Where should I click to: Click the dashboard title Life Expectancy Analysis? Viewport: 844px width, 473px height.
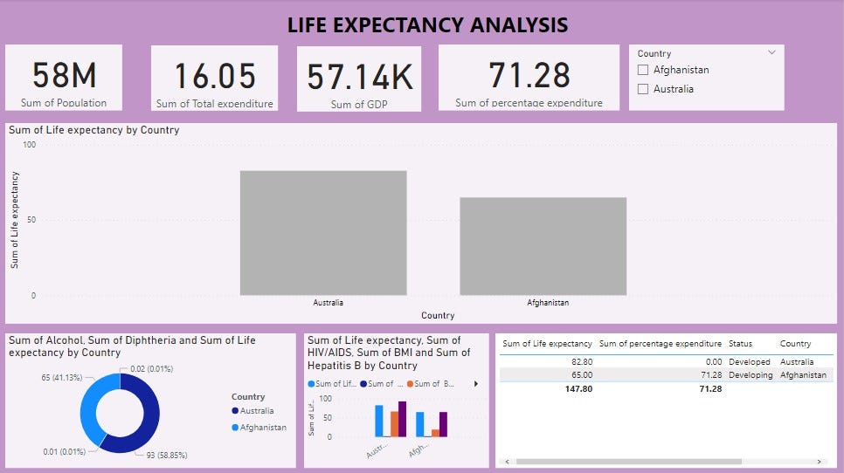tap(427, 25)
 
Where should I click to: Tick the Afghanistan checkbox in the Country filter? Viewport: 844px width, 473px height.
tap(643, 70)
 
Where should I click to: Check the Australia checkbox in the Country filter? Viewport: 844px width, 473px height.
tap(643, 89)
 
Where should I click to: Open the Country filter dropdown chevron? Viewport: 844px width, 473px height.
tap(771, 53)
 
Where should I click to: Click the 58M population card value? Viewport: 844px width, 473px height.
tap(64, 77)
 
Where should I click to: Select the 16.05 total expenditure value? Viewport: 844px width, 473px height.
tap(214, 78)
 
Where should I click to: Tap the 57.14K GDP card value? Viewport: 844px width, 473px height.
tap(359, 79)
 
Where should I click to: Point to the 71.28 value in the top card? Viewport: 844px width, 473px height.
tap(529, 75)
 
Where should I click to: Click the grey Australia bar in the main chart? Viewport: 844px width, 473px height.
tap(323, 233)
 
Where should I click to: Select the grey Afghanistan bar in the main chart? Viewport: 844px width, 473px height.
tap(543, 246)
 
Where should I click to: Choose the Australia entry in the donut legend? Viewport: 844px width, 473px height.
tap(257, 410)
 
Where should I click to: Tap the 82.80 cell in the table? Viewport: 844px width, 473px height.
tap(579, 361)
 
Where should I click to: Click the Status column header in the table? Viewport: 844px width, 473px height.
tap(740, 344)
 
